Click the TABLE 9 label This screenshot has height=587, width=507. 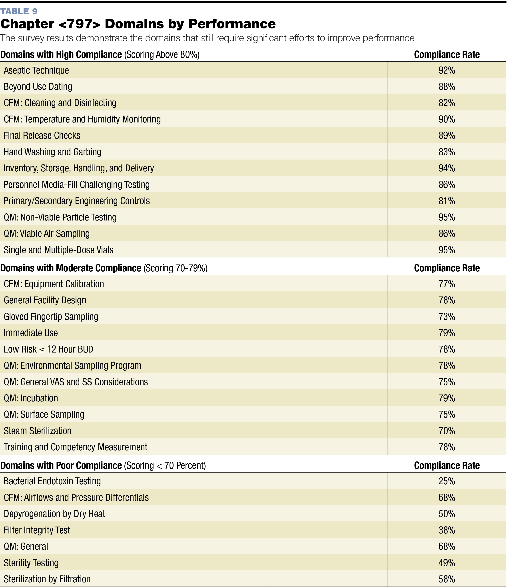19,11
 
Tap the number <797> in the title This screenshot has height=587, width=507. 80,24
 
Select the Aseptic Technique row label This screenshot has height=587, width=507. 36,70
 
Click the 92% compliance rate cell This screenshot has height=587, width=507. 447,70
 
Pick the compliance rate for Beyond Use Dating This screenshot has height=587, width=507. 447,86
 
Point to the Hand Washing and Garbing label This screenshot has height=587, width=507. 52,152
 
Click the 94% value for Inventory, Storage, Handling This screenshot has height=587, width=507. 447,168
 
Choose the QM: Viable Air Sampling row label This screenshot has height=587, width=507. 47,233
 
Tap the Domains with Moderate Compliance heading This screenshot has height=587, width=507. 71,268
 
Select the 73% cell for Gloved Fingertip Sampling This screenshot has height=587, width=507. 447,317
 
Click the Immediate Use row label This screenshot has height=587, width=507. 31,333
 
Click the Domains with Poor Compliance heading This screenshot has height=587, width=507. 61,465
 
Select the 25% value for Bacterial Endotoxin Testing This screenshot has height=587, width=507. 447,481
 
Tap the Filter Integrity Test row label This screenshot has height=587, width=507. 37,530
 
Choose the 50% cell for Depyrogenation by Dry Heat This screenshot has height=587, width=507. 447,514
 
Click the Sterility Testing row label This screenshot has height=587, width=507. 31,563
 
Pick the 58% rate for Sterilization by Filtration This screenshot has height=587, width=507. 447,579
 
